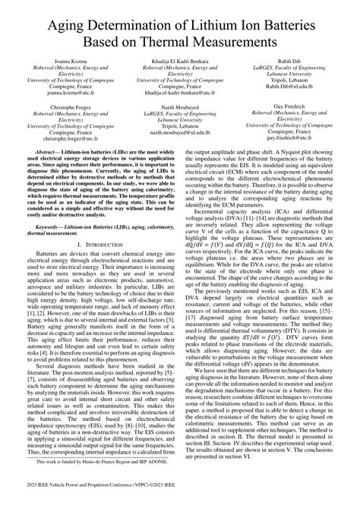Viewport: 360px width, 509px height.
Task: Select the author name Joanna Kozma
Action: [76, 58]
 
